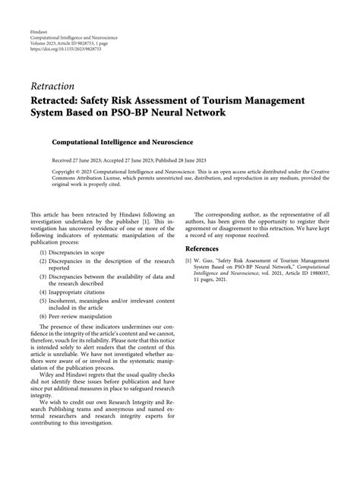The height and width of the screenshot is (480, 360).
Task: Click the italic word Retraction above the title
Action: pyautogui.click(x=52, y=85)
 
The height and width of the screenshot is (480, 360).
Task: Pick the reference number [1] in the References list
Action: pyautogui.click(x=188, y=261)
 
